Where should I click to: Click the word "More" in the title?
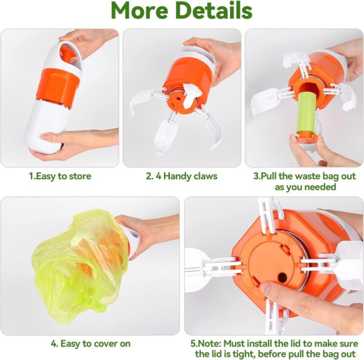tap(144, 11)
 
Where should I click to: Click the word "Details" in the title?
tap(215, 11)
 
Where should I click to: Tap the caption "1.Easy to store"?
tap(60, 177)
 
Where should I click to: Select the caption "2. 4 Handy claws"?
tap(181, 177)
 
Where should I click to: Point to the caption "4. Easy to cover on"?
tap(90, 344)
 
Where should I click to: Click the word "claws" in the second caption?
tap(203, 177)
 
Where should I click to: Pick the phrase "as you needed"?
tap(303, 187)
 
